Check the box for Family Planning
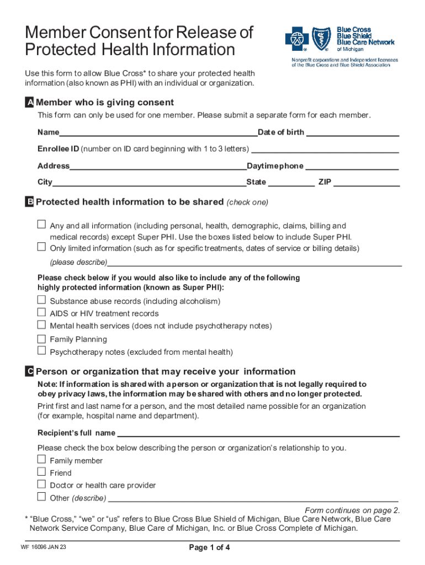point(41,339)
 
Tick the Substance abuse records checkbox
point(41,300)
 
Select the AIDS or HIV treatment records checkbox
point(41,312)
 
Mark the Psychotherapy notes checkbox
point(41,351)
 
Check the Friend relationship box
point(41,472)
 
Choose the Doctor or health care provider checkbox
point(41,484)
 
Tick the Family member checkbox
point(41,460)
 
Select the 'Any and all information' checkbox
point(41,225)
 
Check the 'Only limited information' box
point(41,247)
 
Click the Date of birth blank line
point(352,133)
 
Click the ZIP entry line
point(366,183)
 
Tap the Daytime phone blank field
point(352,166)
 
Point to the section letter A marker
point(29,103)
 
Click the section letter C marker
point(29,372)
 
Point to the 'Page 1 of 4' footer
point(209,548)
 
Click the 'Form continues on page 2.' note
point(352,510)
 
